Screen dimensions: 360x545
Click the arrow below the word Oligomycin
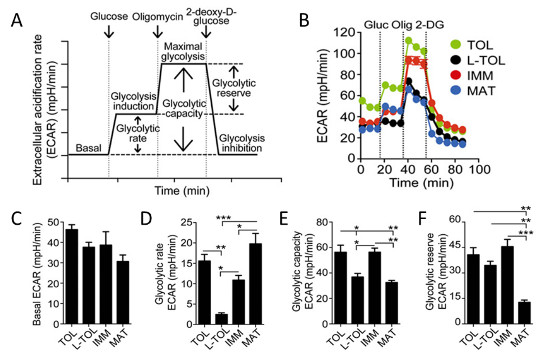(158, 31)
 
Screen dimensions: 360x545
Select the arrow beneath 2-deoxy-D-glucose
(207, 31)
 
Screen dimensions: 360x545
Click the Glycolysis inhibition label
(240, 143)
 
